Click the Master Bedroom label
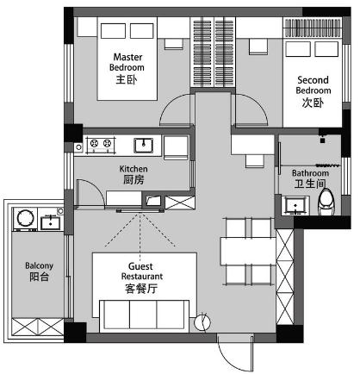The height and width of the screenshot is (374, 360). (x=127, y=68)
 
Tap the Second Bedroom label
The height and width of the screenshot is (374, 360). (x=313, y=91)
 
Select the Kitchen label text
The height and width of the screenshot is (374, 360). (x=133, y=175)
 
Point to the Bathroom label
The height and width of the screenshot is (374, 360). (x=310, y=178)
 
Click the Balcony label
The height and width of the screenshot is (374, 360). (x=39, y=271)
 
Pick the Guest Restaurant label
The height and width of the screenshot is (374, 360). (x=142, y=277)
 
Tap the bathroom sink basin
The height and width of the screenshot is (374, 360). (x=295, y=205)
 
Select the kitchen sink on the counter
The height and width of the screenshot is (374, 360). (x=143, y=146)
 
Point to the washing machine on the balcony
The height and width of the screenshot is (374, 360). (x=25, y=219)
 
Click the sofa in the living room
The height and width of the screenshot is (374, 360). (x=144, y=316)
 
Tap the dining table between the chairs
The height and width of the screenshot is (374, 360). (x=248, y=252)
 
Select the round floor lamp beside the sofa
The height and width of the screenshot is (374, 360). (x=202, y=322)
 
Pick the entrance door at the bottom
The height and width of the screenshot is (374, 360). (x=235, y=352)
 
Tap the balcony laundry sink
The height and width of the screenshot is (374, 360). (x=50, y=223)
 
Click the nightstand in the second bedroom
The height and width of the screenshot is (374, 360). (x=258, y=47)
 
